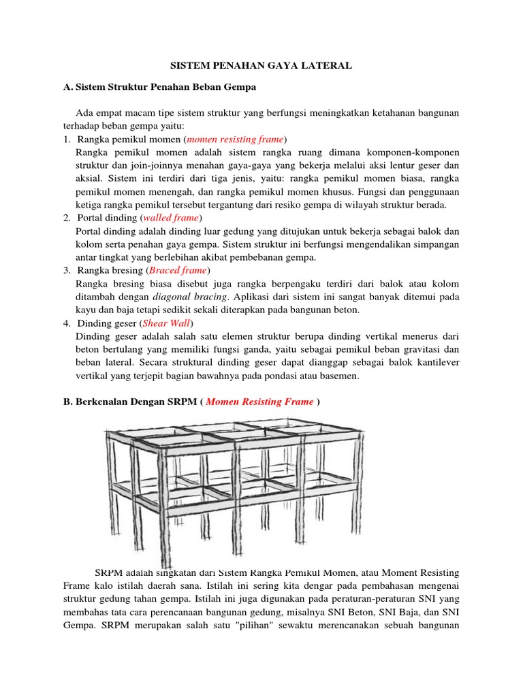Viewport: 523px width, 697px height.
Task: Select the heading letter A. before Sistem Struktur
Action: click(67, 88)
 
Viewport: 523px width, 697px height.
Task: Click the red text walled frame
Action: click(171, 218)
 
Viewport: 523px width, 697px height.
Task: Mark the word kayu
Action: click(87, 310)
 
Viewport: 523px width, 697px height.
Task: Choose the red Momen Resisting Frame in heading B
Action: click(259, 402)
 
